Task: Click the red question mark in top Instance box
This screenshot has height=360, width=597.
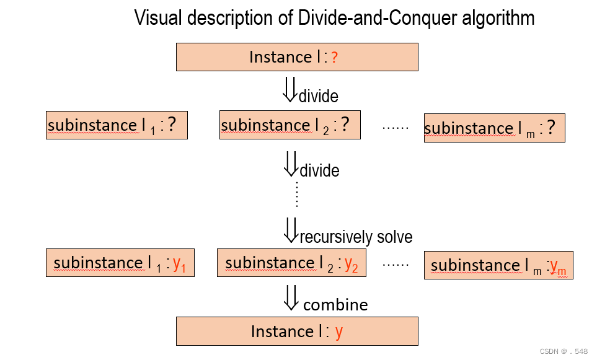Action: click(334, 58)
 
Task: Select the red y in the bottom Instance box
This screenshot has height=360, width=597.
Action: click(338, 332)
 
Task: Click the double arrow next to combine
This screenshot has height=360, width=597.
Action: click(291, 297)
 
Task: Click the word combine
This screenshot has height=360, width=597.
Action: click(335, 305)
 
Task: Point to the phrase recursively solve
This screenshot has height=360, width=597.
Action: click(356, 237)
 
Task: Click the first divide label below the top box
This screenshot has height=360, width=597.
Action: click(319, 96)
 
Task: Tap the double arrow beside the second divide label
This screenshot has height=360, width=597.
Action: click(290, 162)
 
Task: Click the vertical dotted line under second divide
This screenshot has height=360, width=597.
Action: click(297, 195)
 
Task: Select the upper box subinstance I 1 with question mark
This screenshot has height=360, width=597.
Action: click(117, 125)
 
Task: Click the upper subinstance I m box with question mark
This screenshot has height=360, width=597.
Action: click(494, 128)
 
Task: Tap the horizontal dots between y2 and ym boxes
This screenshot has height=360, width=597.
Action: click(396, 264)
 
